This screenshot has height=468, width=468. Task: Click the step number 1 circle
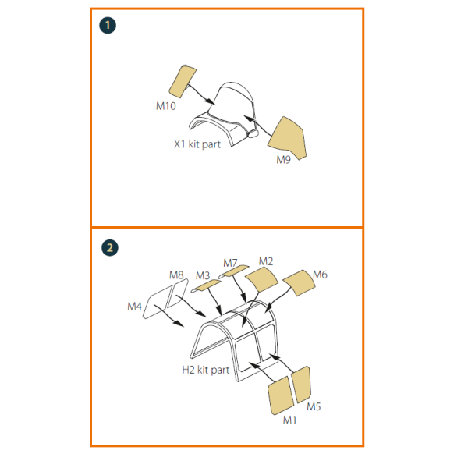click(x=108, y=26)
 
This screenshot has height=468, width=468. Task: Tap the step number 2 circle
click(x=108, y=247)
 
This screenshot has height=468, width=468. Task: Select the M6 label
click(x=320, y=275)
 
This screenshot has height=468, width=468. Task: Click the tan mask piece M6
click(x=299, y=284)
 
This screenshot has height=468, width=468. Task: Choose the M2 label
click(x=266, y=261)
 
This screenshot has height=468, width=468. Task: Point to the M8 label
click(x=176, y=275)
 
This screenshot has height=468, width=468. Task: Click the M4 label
click(x=135, y=307)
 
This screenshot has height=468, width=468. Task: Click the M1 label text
click(x=289, y=420)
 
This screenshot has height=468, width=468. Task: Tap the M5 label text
click(x=314, y=407)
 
